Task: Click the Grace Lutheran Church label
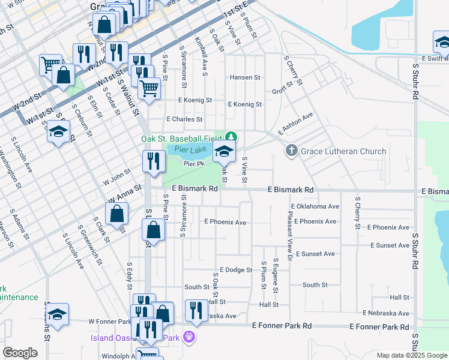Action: point(343,151)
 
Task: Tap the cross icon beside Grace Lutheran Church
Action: point(291,151)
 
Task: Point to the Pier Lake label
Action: point(190,149)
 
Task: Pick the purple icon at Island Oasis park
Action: point(190,337)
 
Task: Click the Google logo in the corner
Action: point(20,353)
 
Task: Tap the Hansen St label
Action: point(245,77)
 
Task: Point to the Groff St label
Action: point(282,89)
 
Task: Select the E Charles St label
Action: point(185,119)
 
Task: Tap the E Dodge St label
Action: point(236,270)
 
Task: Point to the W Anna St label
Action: point(125,193)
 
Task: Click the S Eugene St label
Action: point(276,275)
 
